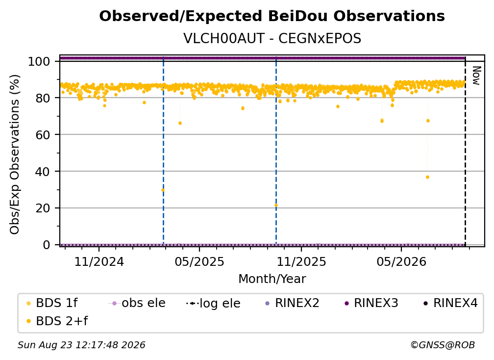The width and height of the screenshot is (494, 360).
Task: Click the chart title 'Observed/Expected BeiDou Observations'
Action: (272, 16)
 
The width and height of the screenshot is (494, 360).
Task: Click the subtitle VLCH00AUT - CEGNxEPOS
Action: (272, 39)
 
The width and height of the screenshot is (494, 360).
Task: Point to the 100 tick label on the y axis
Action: (39, 61)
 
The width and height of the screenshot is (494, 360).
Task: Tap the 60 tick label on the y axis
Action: (43, 135)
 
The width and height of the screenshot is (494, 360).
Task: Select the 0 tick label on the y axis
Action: (47, 245)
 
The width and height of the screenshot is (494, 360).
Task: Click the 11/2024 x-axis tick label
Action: (99, 261)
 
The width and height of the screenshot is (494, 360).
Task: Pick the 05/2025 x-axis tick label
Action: (199, 261)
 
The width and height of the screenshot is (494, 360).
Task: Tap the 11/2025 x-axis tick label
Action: (301, 261)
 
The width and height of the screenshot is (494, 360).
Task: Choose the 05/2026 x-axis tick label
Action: (401, 261)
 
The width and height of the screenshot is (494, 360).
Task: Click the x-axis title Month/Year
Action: (272, 279)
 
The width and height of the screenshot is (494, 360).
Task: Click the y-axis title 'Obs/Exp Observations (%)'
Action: (15, 154)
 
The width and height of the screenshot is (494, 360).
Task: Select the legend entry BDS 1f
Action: (52, 303)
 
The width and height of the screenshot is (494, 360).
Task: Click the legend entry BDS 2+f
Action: (57, 321)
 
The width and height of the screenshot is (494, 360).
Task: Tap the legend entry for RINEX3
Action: (371, 303)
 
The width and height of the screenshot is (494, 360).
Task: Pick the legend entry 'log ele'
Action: (213, 304)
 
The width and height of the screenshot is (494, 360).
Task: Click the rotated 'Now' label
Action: (476, 76)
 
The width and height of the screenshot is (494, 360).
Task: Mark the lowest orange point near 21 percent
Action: (276, 206)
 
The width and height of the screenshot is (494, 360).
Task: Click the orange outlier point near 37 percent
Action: (427, 177)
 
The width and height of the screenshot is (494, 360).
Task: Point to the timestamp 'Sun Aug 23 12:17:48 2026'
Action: (81, 345)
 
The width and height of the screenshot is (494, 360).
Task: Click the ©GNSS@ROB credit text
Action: (443, 345)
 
